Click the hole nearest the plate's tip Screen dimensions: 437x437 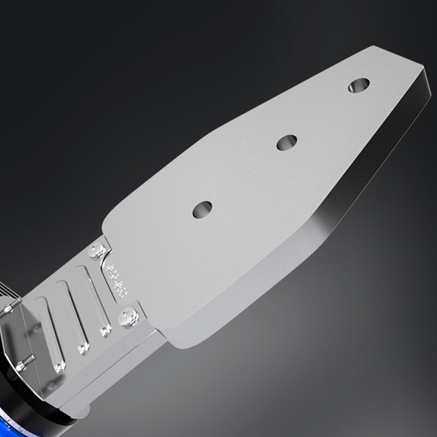click(358, 85)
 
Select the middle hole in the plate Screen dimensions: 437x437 click(287, 143)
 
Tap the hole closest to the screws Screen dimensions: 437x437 click(202, 209)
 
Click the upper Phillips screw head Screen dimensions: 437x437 click(98, 251)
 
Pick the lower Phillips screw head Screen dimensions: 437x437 click(129, 316)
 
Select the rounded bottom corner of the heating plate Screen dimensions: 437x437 click(180, 341)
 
